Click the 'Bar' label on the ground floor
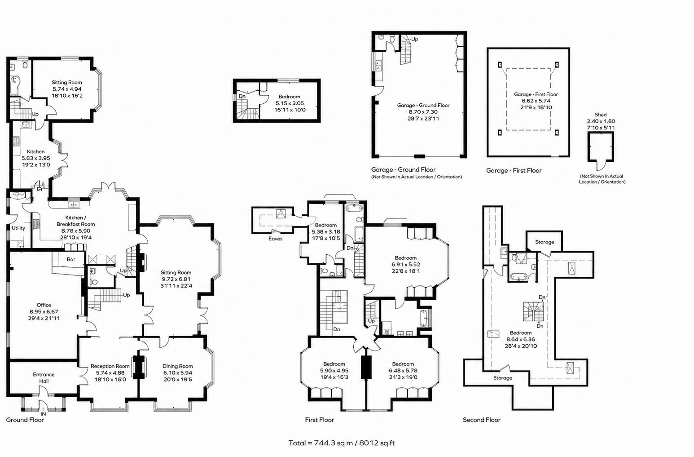click(71, 259)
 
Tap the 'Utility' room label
click(18, 228)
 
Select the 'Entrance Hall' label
click(44, 377)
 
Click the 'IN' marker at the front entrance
click(44, 414)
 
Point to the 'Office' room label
click(44, 305)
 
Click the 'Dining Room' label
click(177, 366)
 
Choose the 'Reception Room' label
click(110, 366)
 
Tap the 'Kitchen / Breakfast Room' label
click(75, 221)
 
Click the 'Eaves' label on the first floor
click(276, 239)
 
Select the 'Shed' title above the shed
click(601, 115)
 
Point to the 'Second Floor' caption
click(482, 420)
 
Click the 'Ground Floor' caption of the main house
click(25, 420)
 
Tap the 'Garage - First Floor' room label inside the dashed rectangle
click(536, 94)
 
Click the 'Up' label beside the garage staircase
click(414, 39)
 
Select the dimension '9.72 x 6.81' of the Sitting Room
click(176, 279)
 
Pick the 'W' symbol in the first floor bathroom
click(387, 332)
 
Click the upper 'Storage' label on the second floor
click(545, 242)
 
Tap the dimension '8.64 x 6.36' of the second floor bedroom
click(521, 340)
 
